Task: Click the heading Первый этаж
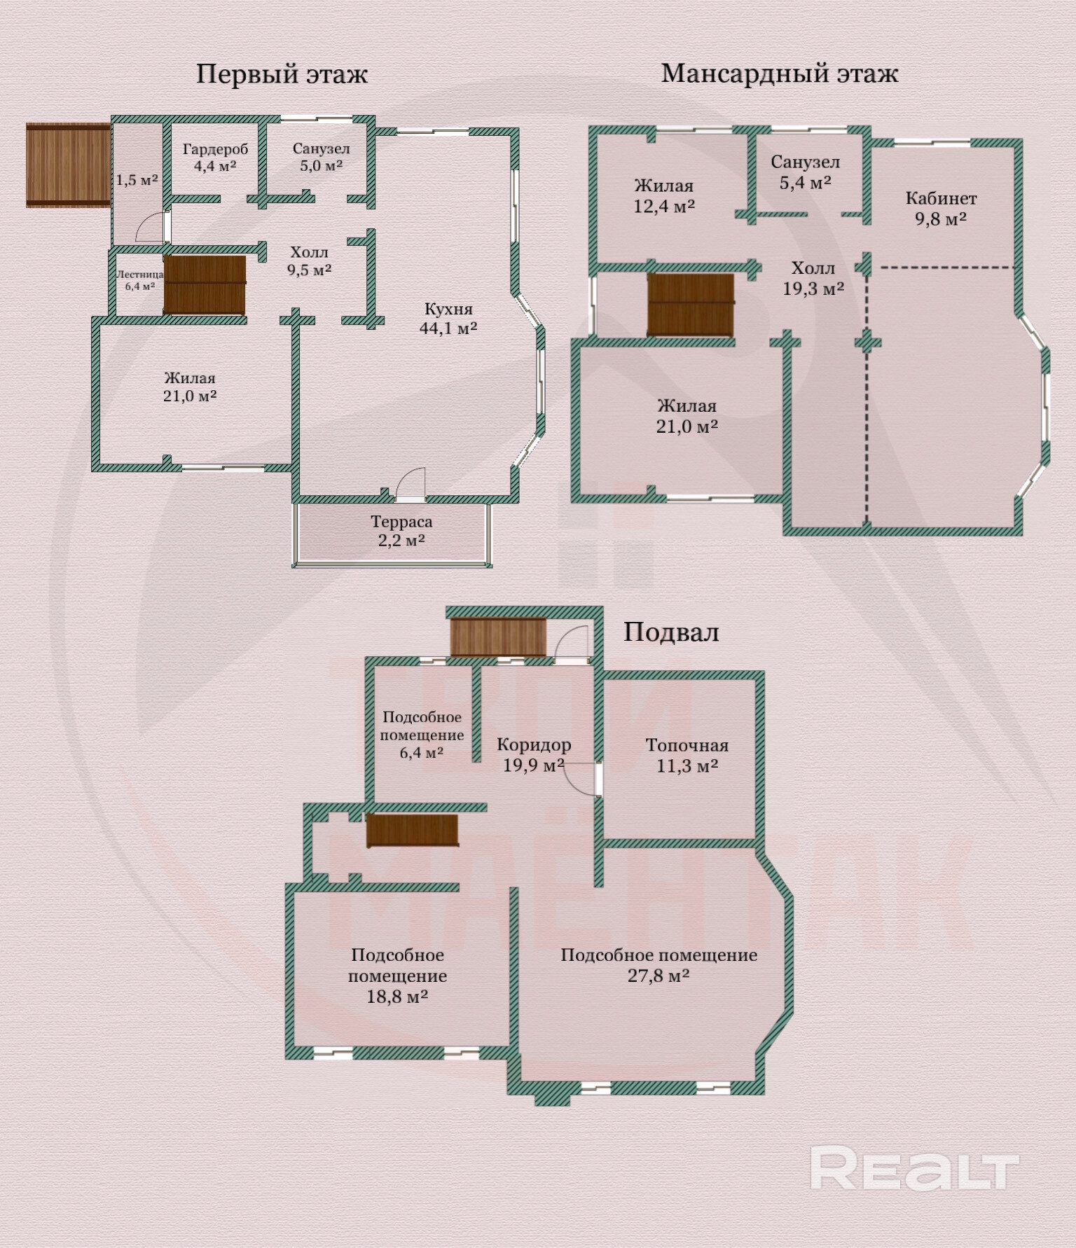click(282, 74)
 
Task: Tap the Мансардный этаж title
click(780, 73)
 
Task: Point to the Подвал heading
click(671, 632)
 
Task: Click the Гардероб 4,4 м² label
click(215, 158)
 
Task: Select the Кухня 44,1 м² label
click(448, 318)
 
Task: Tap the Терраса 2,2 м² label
click(401, 531)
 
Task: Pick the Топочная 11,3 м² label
click(687, 756)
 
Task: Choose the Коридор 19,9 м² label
click(534, 755)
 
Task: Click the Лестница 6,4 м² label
click(140, 280)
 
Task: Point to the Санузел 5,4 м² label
click(806, 172)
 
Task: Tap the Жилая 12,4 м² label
click(664, 196)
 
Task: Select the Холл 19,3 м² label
click(813, 278)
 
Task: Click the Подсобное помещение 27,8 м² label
click(658, 965)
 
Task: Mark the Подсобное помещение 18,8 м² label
click(397, 976)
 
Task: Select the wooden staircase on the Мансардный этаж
click(691, 306)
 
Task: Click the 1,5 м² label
click(137, 180)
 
